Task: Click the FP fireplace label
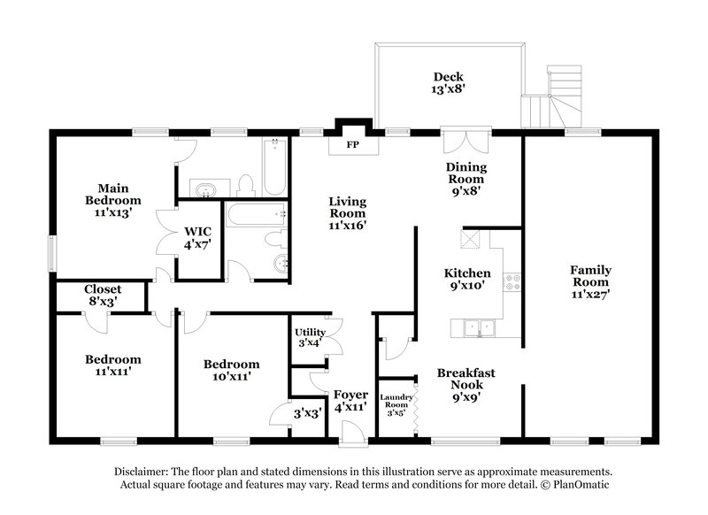pos(351,144)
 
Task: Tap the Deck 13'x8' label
pos(448,82)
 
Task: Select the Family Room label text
pos(590,279)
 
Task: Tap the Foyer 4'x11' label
pos(350,401)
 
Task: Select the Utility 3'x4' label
pos(310,337)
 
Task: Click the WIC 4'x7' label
pos(197,238)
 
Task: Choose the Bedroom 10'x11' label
pos(231,370)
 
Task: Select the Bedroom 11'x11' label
pos(112,365)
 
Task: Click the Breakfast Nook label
pos(466,385)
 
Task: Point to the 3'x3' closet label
pos(308,412)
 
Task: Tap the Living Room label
pos(348,213)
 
